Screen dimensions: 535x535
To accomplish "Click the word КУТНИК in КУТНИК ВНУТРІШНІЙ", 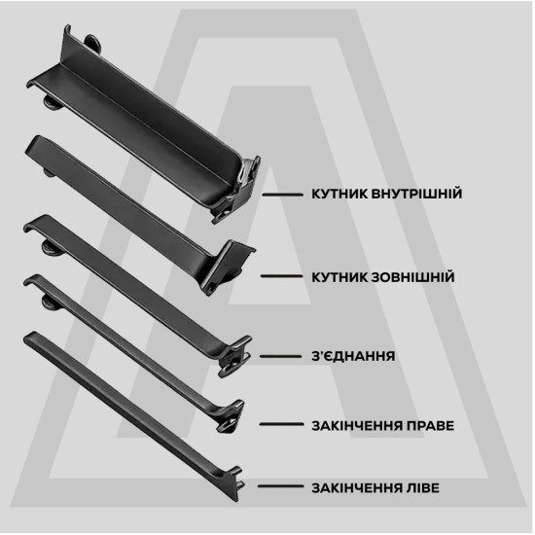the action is [339, 194].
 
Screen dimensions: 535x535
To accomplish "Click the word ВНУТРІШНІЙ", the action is [416, 194].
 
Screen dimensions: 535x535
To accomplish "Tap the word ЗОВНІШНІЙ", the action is [412, 277].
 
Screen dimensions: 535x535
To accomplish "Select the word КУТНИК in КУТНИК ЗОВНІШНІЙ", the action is [339, 277].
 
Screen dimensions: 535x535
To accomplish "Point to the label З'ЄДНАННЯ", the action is [353, 356].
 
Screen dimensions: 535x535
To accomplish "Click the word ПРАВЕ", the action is [431, 426].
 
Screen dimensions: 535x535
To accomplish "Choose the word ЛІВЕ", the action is [423, 488].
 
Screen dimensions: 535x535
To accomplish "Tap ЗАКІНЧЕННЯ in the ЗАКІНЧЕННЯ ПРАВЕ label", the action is [357, 426].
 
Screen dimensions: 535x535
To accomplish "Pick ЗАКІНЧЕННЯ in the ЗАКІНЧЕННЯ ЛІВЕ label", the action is [357, 488].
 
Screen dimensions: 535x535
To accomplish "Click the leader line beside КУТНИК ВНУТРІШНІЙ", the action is [282, 195].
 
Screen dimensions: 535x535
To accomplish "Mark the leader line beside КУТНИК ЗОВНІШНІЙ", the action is [282, 275].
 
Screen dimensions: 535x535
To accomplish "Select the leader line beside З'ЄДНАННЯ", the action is [281, 357].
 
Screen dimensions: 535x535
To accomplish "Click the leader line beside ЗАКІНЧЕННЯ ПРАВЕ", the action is [281, 424].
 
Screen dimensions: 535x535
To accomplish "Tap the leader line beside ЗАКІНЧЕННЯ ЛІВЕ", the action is [280, 486].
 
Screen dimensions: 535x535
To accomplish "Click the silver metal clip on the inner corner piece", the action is [246, 175].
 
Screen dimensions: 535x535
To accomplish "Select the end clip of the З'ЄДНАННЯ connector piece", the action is [234, 357].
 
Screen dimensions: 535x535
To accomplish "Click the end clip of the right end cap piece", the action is [231, 417].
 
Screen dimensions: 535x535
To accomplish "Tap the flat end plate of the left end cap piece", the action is [234, 482].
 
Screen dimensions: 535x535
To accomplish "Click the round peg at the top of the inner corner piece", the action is [92, 43].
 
